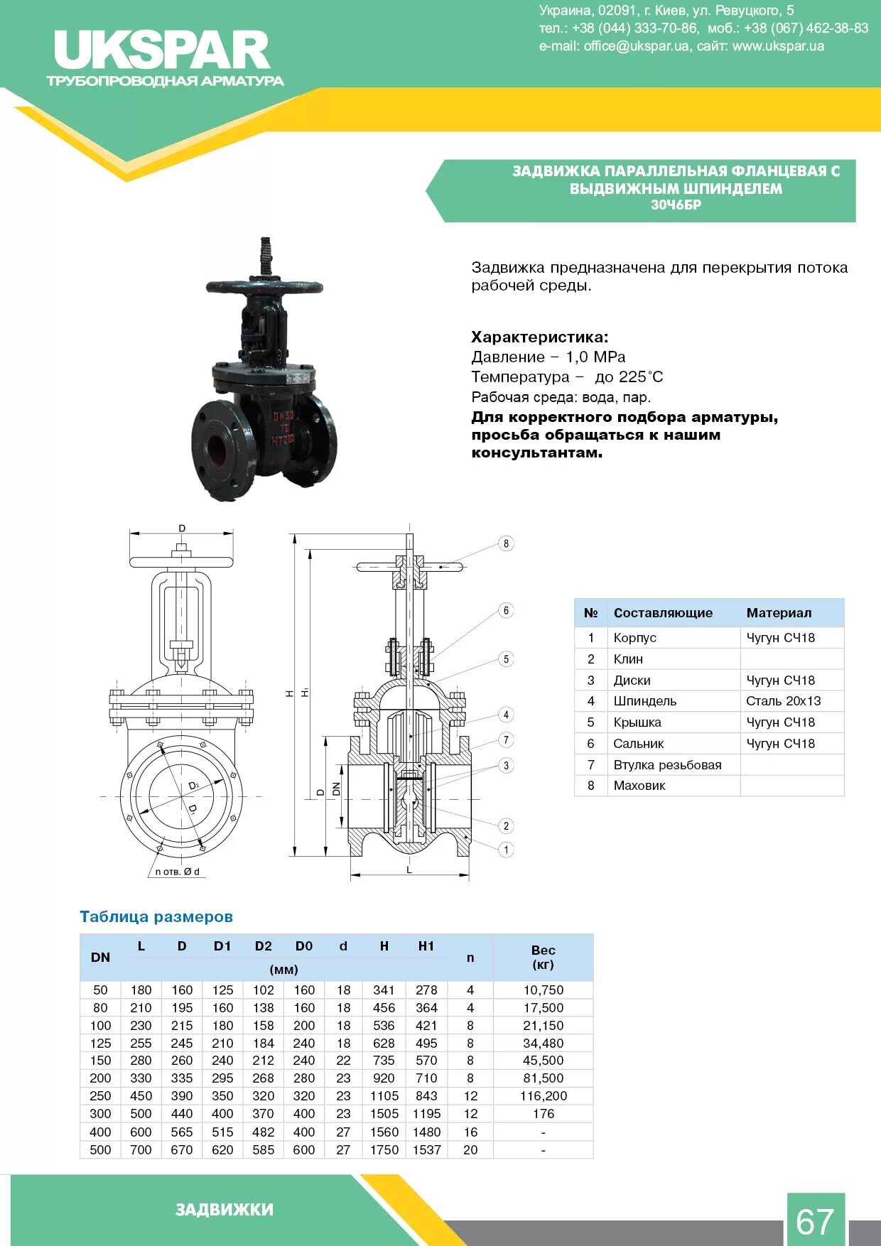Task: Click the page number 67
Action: pyautogui.click(x=814, y=1221)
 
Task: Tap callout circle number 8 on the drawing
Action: pyautogui.click(x=506, y=544)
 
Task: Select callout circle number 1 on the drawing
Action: pyautogui.click(x=506, y=850)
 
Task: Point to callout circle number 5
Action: pyautogui.click(x=506, y=659)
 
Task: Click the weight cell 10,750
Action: pyautogui.click(x=543, y=990)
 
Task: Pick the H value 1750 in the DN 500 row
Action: pyautogui.click(x=384, y=1149)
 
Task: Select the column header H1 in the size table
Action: pyautogui.click(x=426, y=946)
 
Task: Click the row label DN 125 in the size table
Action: pyautogui.click(x=100, y=1043)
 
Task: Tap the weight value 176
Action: pyautogui.click(x=543, y=1114)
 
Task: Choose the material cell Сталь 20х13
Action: pyautogui.click(x=783, y=701)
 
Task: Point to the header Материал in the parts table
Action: pyautogui.click(x=779, y=613)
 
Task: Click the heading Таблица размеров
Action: pyautogui.click(x=156, y=917)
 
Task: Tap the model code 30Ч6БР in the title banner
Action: pyautogui.click(x=676, y=205)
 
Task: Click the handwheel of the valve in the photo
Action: pyautogui.click(x=264, y=287)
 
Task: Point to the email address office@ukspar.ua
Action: pyautogui.click(x=637, y=46)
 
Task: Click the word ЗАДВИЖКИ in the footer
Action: pyautogui.click(x=225, y=1210)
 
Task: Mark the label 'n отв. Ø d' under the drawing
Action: pyautogui.click(x=178, y=872)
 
